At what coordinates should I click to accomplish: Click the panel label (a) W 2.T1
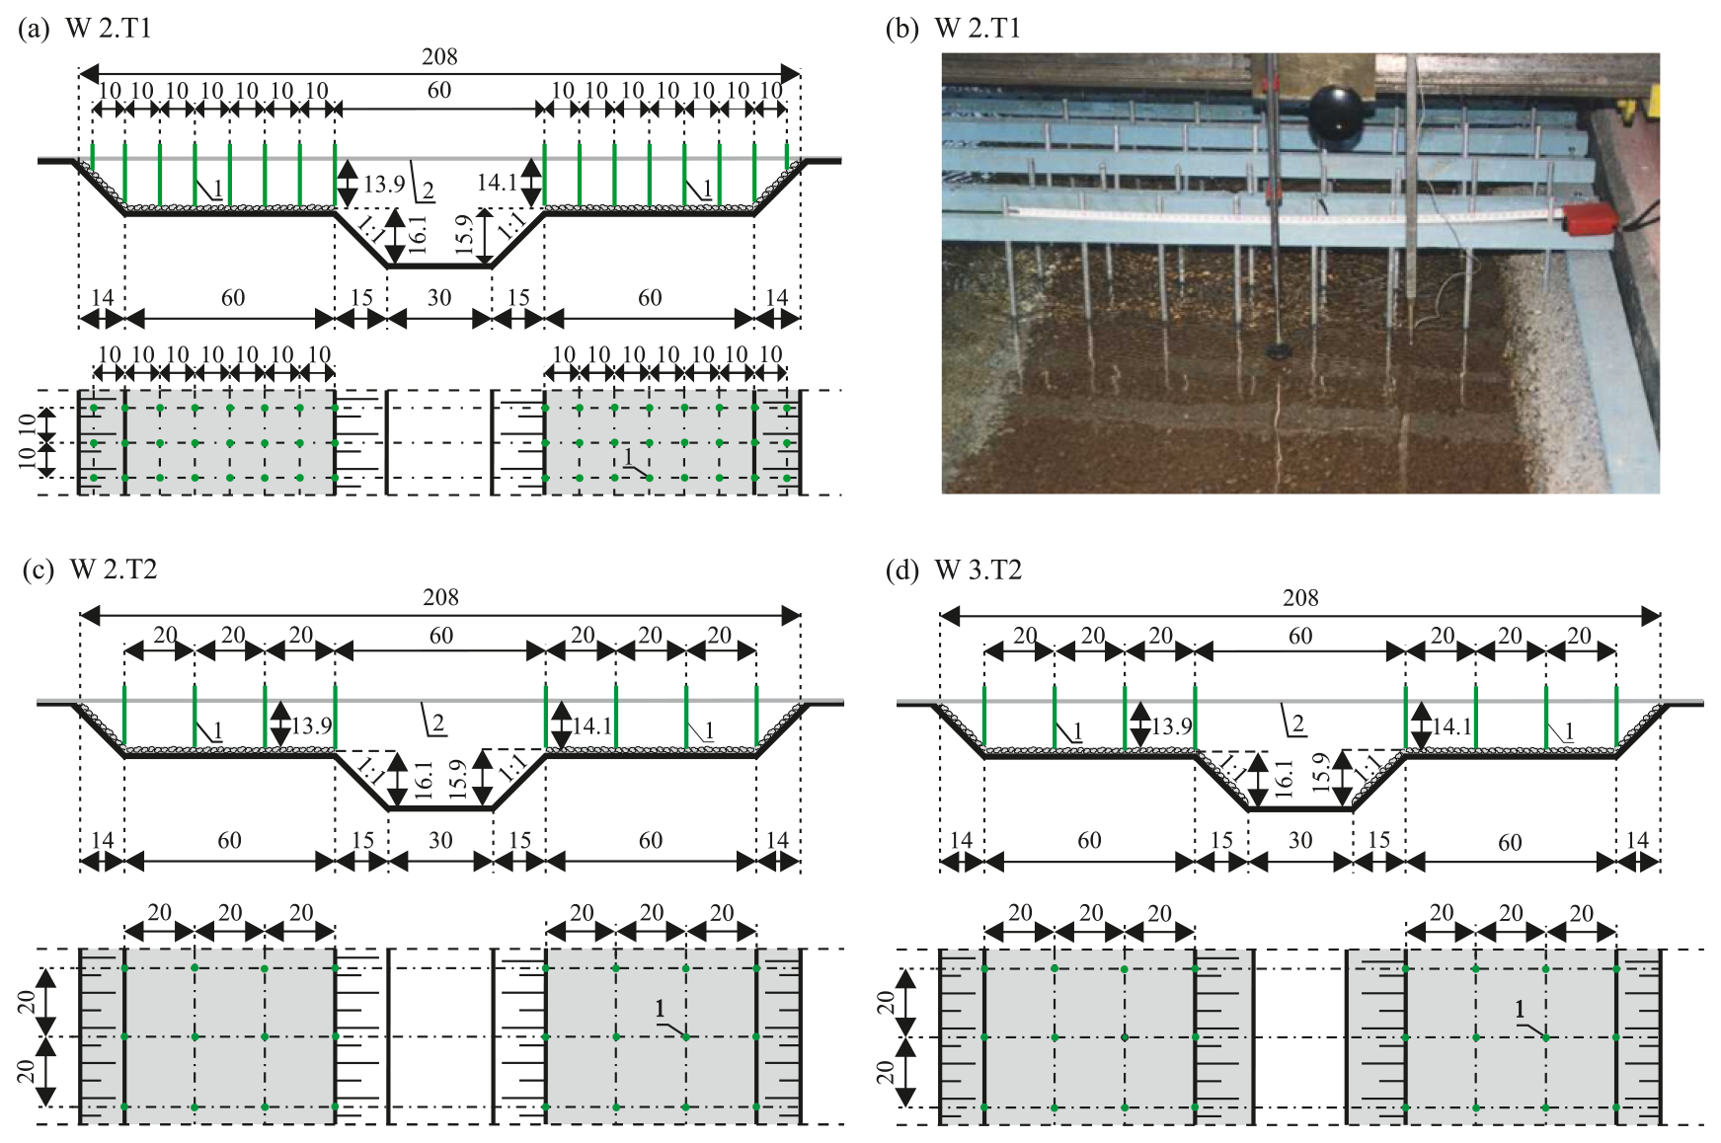click(x=85, y=28)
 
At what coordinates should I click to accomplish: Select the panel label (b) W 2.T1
click(x=953, y=28)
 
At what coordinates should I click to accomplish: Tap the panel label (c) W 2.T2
click(x=89, y=570)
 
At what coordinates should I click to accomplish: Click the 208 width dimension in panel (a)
click(x=439, y=57)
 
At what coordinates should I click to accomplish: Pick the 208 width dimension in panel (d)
click(x=1300, y=598)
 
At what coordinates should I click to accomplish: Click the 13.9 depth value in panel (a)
click(x=384, y=184)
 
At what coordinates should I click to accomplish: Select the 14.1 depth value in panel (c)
click(x=592, y=726)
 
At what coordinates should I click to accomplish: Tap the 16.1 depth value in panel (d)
click(x=1284, y=780)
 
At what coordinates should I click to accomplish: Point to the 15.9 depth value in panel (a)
click(x=465, y=235)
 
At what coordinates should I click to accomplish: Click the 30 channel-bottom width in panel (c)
click(x=440, y=841)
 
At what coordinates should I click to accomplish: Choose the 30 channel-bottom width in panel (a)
click(x=439, y=298)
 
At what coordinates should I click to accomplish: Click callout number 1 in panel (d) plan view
click(x=1520, y=1010)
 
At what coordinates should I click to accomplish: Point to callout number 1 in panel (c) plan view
click(x=660, y=1010)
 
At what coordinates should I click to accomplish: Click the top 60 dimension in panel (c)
click(x=441, y=636)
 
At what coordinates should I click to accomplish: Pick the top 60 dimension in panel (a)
click(x=439, y=91)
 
